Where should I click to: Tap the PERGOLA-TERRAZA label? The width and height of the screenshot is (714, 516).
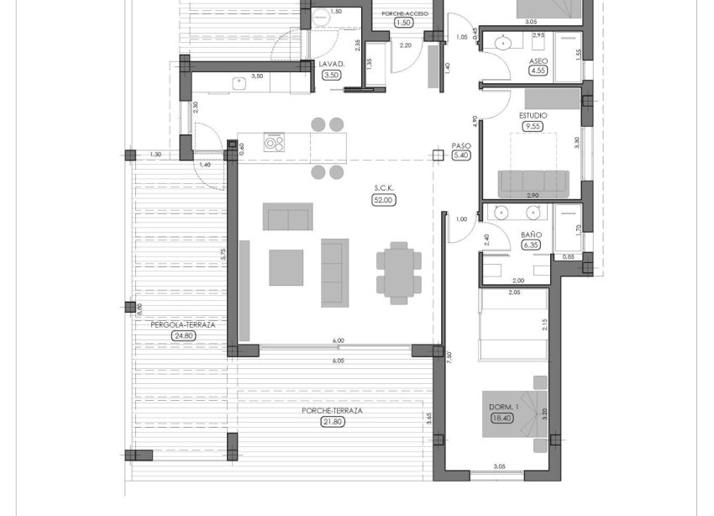pyautogui.click(x=183, y=324)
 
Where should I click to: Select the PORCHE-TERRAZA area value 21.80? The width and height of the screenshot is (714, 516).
pyautogui.click(x=333, y=422)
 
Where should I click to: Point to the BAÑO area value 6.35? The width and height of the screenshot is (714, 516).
pyautogui.click(x=531, y=245)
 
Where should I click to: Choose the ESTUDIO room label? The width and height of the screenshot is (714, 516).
pyautogui.click(x=533, y=115)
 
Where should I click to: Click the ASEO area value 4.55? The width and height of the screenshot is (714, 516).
pyautogui.click(x=538, y=71)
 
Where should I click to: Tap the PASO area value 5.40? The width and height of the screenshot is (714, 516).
pyautogui.click(x=461, y=155)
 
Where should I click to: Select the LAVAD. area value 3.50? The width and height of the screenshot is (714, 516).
pyautogui.click(x=331, y=75)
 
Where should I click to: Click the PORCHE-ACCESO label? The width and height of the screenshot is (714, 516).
pyautogui.click(x=405, y=14)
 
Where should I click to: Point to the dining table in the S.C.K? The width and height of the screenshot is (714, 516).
pyautogui.click(x=399, y=269)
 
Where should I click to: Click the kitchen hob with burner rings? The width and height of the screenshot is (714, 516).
pyautogui.click(x=275, y=142)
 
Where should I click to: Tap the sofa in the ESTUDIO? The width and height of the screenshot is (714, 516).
pyautogui.click(x=533, y=182)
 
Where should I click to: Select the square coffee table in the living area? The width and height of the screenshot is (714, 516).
pyautogui.click(x=286, y=267)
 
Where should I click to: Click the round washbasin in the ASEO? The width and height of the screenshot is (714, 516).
pyautogui.click(x=504, y=44)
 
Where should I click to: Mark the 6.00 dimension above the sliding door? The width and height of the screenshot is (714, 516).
pyautogui.click(x=338, y=340)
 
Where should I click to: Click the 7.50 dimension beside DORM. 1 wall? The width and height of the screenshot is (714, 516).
pyautogui.click(x=450, y=356)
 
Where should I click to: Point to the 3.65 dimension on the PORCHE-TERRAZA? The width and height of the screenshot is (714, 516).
pyautogui.click(x=428, y=416)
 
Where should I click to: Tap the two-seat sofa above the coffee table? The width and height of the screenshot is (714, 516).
pyautogui.click(x=288, y=216)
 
